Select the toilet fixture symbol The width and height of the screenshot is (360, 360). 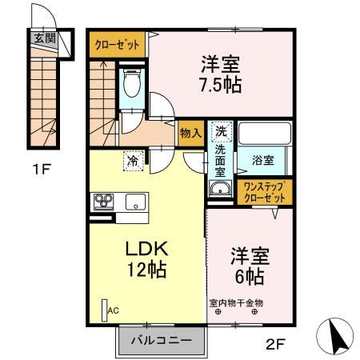[132, 82]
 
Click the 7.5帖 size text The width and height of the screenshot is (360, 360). [222, 81]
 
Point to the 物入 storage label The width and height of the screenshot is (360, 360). [190, 133]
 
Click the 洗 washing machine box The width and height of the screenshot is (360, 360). [219, 130]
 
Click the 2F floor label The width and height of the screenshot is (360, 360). [276, 345]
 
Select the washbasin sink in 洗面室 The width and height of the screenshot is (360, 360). [219, 189]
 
